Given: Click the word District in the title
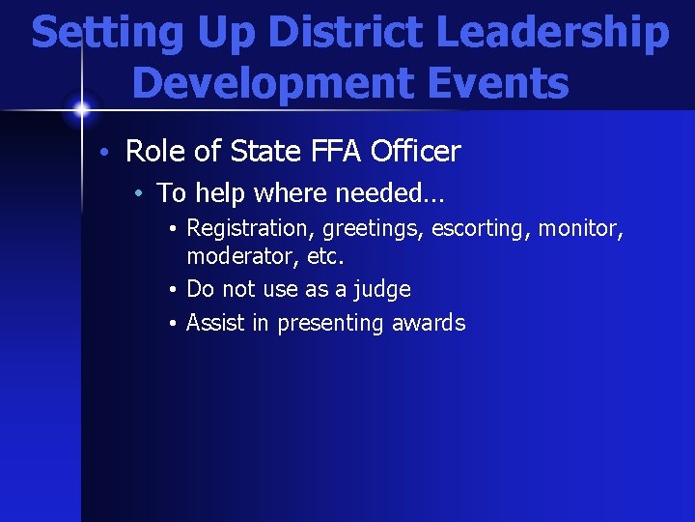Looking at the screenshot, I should point(348,33).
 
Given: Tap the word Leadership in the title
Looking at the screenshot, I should point(553,33).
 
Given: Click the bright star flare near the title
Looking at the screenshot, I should point(82,108).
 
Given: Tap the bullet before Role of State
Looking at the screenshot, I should point(112,152).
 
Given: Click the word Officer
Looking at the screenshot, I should point(415,152).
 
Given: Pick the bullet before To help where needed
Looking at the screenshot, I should point(141,194).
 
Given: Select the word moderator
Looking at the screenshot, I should point(236,257).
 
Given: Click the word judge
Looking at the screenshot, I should point(383,290).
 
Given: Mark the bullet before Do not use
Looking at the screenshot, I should point(170,290).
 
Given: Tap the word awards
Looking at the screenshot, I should point(429,323).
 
